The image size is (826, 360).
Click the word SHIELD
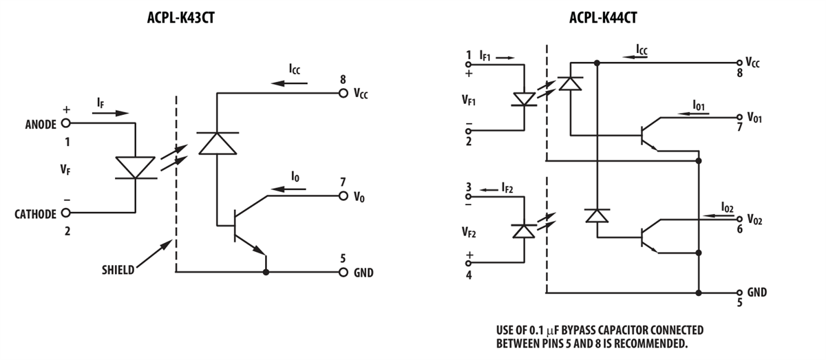click(x=118, y=270)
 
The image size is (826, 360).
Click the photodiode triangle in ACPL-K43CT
click(x=217, y=142)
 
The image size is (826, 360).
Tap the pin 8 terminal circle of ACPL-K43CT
click(x=343, y=93)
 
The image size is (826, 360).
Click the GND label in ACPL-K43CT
click(x=363, y=273)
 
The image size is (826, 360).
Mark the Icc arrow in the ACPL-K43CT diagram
click(x=288, y=83)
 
